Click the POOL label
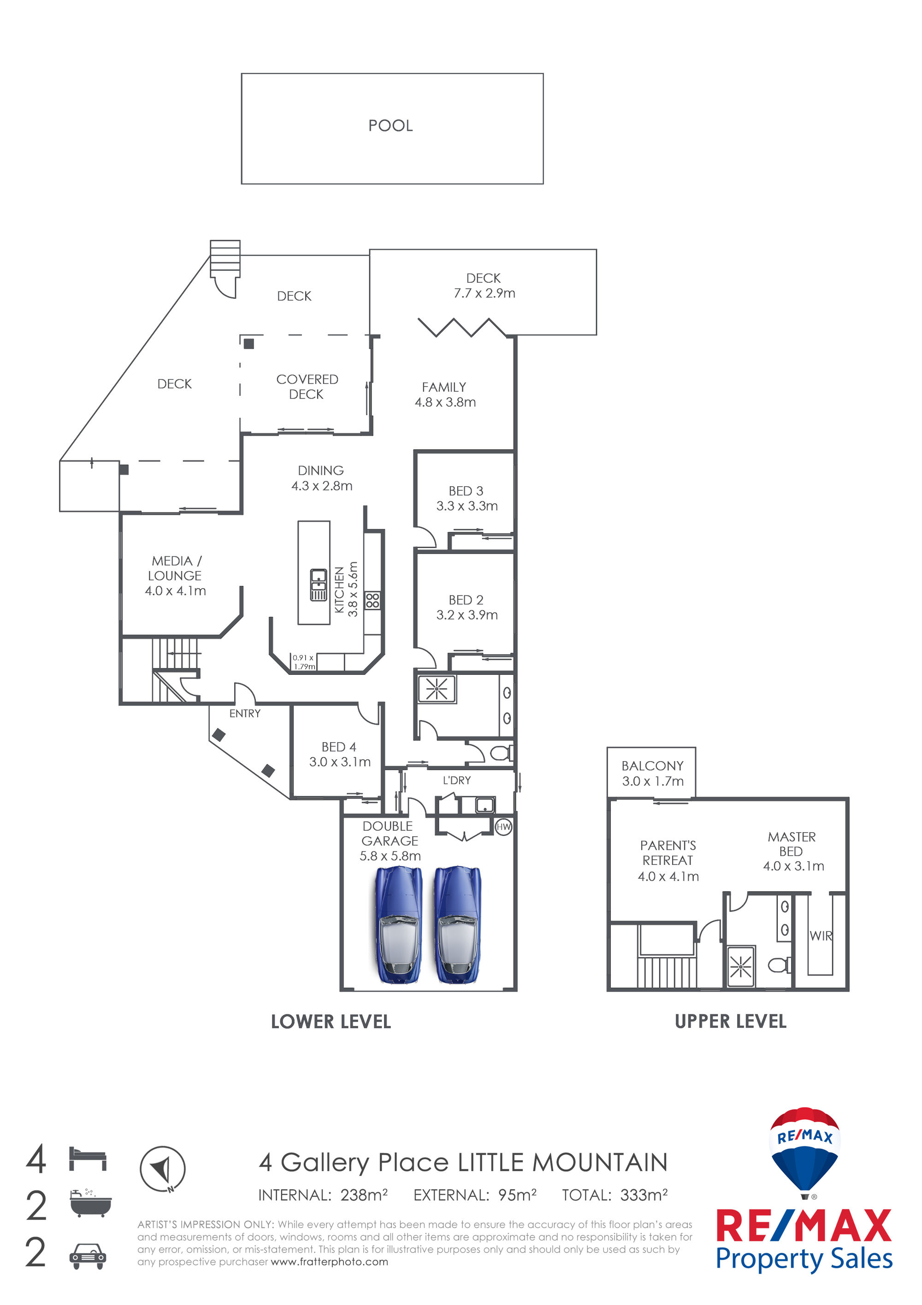pyautogui.click(x=390, y=125)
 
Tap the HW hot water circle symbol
pyautogui.click(x=503, y=827)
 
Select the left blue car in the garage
pyautogui.click(x=398, y=925)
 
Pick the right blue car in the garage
pyautogui.click(x=457, y=925)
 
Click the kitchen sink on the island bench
pyautogui.click(x=318, y=585)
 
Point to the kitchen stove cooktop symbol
pyautogui.click(x=372, y=600)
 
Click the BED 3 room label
pyautogui.click(x=466, y=491)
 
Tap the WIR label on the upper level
pyautogui.click(x=821, y=936)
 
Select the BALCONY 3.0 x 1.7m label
pyautogui.click(x=652, y=774)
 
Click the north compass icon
pyautogui.click(x=162, y=1169)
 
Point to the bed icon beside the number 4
pyautogui.click(x=88, y=1159)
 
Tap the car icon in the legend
pyautogui.click(x=88, y=1256)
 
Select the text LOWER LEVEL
pyautogui.click(x=331, y=1022)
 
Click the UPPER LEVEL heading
pyautogui.click(x=731, y=1021)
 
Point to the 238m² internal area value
pyautogui.click(x=364, y=1195)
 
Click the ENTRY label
pyautogui.click(x=245, y=713)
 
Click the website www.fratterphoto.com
pyautogui.click(x=330, y=1262)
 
